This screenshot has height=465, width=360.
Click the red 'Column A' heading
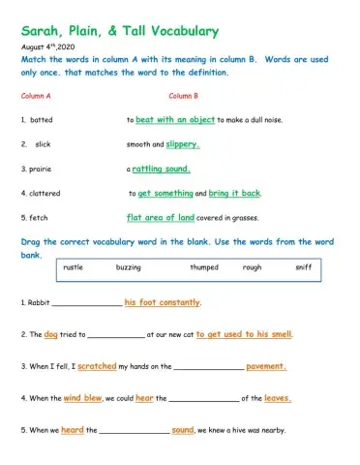[36, 96]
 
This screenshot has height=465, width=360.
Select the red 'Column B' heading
[183, 96]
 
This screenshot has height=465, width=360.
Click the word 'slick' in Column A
[43, 144]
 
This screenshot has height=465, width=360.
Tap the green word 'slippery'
[182, 144]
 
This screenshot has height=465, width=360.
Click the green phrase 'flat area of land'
[161, 217]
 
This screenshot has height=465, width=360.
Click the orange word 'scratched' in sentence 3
[97, 366]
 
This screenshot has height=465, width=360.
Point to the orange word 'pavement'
[265, 366]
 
